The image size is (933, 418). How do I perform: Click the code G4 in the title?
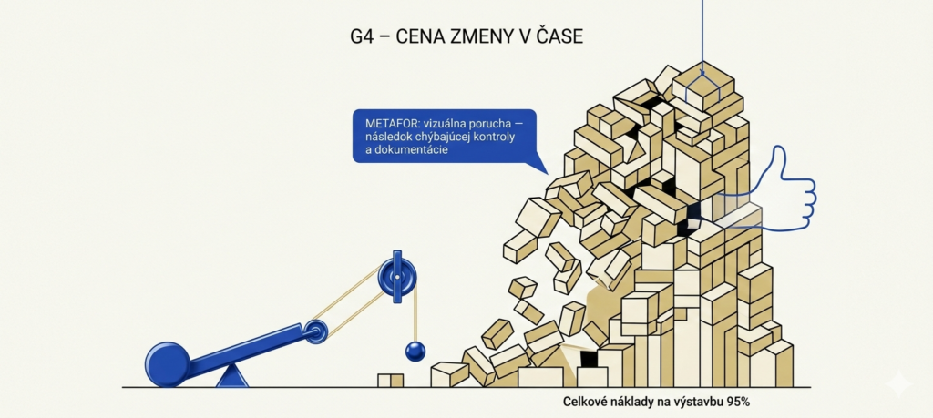[362, 36]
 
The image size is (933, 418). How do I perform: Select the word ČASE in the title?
[560, 36]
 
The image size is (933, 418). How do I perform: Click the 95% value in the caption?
[737, 402]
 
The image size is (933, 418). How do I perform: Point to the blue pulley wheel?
[397, 276]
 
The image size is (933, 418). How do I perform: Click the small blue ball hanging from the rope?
[415, 351]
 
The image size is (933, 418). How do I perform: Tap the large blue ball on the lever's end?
[168, 364]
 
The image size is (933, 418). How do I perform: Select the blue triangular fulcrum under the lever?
[232, 376]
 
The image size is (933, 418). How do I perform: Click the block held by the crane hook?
[702, 87]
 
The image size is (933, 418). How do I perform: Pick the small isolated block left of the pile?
[390, 381]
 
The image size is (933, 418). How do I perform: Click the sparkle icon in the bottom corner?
[898, 382]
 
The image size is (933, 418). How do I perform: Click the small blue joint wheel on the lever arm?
[315, 331]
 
